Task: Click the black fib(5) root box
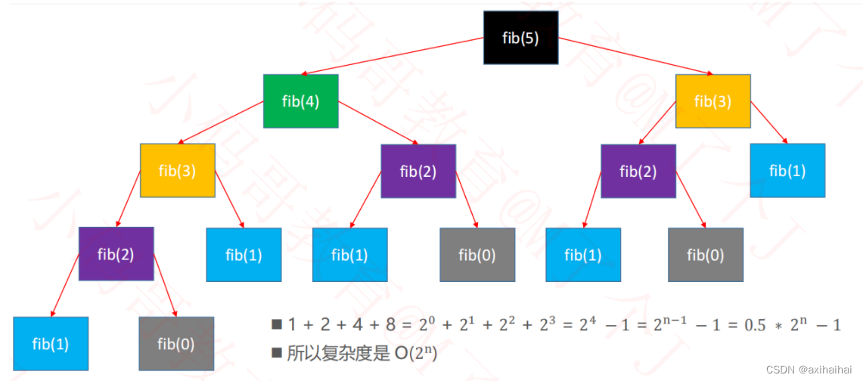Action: pos(521,38)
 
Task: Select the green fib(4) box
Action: pos(300,101)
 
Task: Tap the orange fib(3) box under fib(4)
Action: pos(178,170)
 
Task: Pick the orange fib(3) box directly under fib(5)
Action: pos(712,101)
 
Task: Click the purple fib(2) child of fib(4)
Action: pos(418,171)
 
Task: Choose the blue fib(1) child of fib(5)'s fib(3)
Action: pos(787,170)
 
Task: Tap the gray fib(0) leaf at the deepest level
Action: pos(176,344)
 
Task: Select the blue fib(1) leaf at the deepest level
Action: pos(51,344)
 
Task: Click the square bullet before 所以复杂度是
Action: pos(276,352)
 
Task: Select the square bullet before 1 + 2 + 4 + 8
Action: pos(276,325)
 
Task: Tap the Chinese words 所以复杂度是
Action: pos(341,352)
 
